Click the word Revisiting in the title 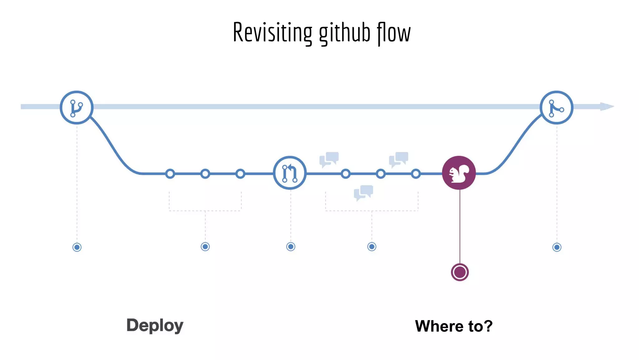(272, 32)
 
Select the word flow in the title (394, 32)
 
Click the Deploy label (155, 326)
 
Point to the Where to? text (454, 326)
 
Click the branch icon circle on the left (76, 107)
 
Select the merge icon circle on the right (556, 107)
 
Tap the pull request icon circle (290, 173)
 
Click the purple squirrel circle (459, 173)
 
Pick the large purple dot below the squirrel (460, 272)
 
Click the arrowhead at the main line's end (607, 107)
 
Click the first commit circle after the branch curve (170, 174)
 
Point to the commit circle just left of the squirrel (416, 174)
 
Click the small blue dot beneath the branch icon (77, 247)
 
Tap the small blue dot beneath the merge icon (557, 247)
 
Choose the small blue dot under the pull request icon (290, 247)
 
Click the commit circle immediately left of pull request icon (240, 174)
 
